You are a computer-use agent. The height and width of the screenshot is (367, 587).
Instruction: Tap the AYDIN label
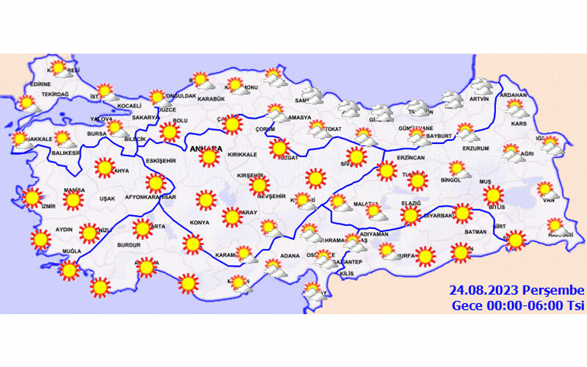64,230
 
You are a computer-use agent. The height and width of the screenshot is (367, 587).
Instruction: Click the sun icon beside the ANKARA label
209,157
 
